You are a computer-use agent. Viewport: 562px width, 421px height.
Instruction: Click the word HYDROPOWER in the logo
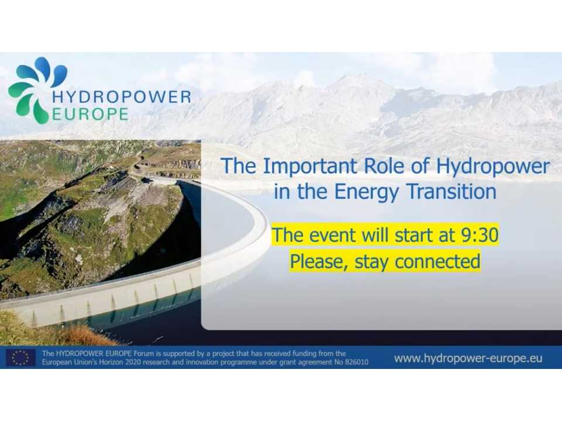tap(121, 96)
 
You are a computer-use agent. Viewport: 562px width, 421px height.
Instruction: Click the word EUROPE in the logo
tap(90, 114)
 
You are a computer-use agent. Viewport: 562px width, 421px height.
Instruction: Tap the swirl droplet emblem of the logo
tap(35, 88)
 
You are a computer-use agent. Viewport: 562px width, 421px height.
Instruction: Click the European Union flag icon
tap(20, 357)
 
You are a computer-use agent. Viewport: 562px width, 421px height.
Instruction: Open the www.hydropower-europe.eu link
tap(468, 358)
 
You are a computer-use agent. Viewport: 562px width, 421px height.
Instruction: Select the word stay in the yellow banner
tap(370, 261)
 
